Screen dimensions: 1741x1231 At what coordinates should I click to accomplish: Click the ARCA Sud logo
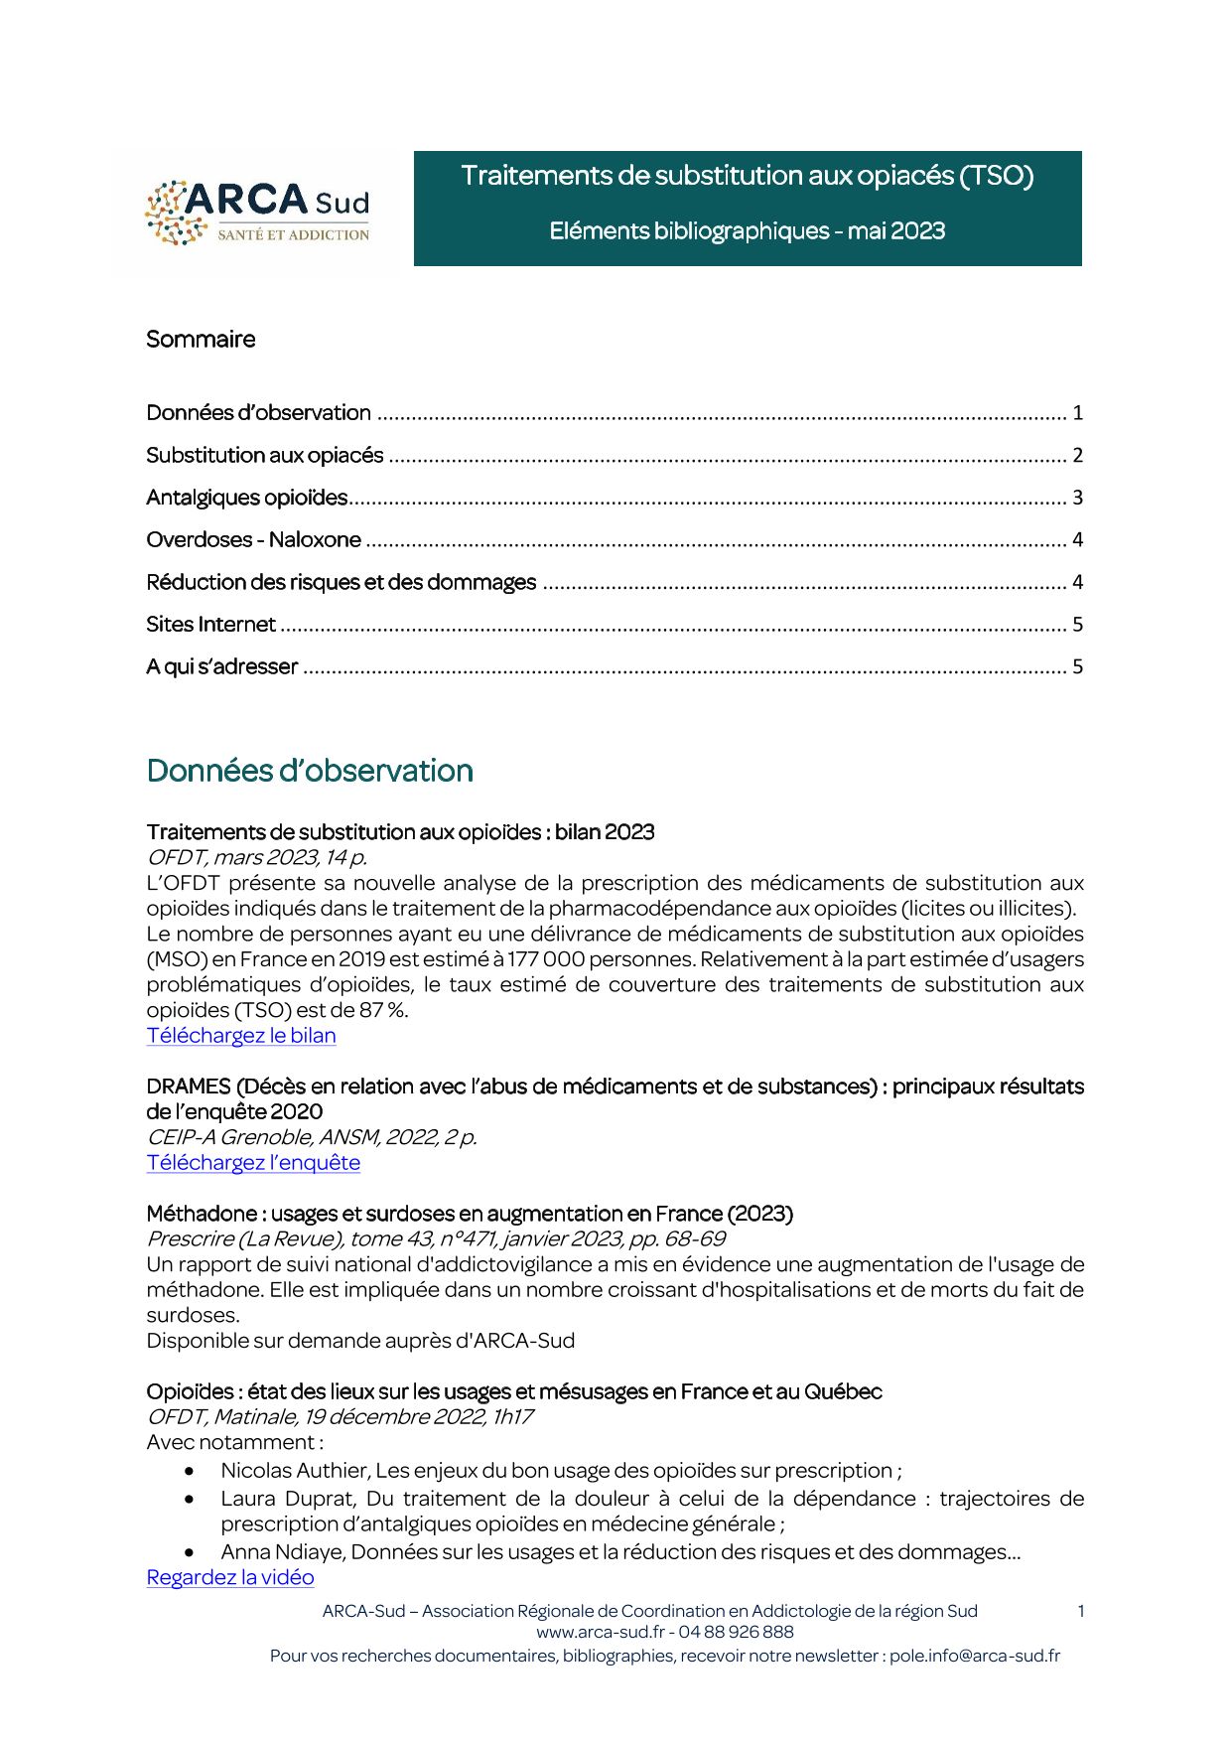(x=257, y=213)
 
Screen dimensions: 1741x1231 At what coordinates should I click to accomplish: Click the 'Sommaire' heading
(x=201, y=340)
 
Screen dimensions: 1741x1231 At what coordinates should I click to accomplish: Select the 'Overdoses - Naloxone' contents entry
(x=254, y=540)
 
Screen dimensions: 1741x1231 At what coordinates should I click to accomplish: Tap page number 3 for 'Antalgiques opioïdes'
(x=1077, y=498)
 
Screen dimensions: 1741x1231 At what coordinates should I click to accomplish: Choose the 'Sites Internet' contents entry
(x=210, y=625)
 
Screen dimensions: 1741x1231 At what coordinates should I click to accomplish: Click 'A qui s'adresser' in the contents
(x=222, y=667)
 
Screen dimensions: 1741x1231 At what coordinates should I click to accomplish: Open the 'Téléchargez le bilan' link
(x=241, y=1036)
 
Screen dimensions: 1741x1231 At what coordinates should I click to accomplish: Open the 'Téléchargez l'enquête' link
(x=253, y=1163)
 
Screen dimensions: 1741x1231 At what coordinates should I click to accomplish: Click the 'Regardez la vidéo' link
(x=230, y=1578)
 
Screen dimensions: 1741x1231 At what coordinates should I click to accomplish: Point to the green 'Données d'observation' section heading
(x=310, y=772)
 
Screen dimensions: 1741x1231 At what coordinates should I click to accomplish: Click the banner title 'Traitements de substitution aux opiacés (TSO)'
(x=748, y=177)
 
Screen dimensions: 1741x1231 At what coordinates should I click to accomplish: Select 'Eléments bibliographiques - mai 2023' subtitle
(x=748, y=231)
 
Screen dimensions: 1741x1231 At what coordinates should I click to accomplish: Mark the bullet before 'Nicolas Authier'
(x=190, y=1471)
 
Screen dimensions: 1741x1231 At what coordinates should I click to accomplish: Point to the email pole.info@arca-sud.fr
(x=974, y=1657)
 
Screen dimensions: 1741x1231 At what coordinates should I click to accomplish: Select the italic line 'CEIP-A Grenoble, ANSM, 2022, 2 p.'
(x=312, y=1138)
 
